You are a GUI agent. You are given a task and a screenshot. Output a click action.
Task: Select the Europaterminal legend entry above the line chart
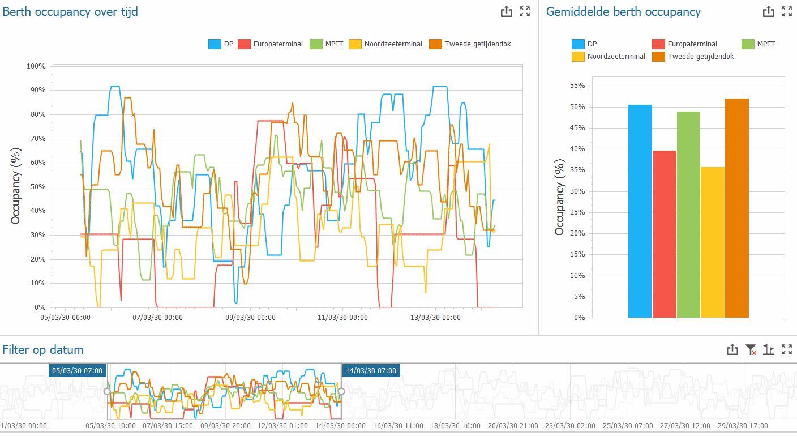pos(271,44)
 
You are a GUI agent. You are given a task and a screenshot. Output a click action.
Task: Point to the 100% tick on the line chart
pos(36,66)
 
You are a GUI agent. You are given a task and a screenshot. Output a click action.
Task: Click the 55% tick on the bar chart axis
pos(576,86)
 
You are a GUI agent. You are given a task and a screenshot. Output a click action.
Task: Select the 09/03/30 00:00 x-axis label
pos(250,318)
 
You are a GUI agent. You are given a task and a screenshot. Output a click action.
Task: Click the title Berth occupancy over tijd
pos(70,11)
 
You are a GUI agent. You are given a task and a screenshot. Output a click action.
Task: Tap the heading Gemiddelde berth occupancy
pos(623,12)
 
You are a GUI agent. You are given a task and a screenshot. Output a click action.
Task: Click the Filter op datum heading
pos(43,349)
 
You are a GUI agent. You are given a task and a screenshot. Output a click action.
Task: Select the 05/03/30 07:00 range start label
pos(78,370)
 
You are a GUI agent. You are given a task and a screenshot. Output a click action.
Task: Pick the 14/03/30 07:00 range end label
pos(371,370)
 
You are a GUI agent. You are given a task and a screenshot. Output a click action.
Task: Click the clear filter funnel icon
pos(751,350)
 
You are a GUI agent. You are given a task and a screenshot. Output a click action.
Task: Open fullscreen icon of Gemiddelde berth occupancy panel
pos(786,11)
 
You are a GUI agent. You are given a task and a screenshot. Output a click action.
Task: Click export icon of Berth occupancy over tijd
pos(506,11)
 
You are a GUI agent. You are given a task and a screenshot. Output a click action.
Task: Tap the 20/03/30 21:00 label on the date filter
pos(513,426)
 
